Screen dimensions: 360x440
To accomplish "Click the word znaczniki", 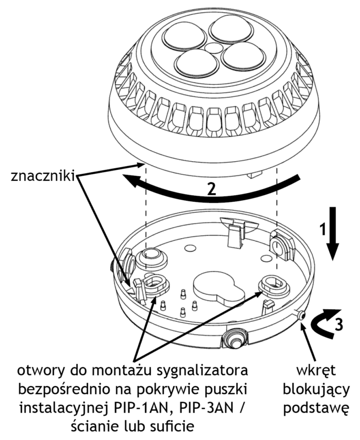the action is coord(43,177).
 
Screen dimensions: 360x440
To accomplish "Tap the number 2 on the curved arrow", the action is coord(211,189).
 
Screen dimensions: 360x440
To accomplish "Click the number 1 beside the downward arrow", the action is coord(324,228).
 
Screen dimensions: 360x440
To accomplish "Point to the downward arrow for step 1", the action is coord(334,233).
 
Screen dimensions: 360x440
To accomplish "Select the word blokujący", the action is coord(316,390).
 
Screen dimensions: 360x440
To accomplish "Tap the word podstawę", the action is coord(316,408).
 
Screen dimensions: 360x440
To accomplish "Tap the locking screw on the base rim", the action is coord(301,315).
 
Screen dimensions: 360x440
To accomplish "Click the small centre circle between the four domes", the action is coord(212,48).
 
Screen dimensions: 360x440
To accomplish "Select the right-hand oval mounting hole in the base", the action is coord(274,284).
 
